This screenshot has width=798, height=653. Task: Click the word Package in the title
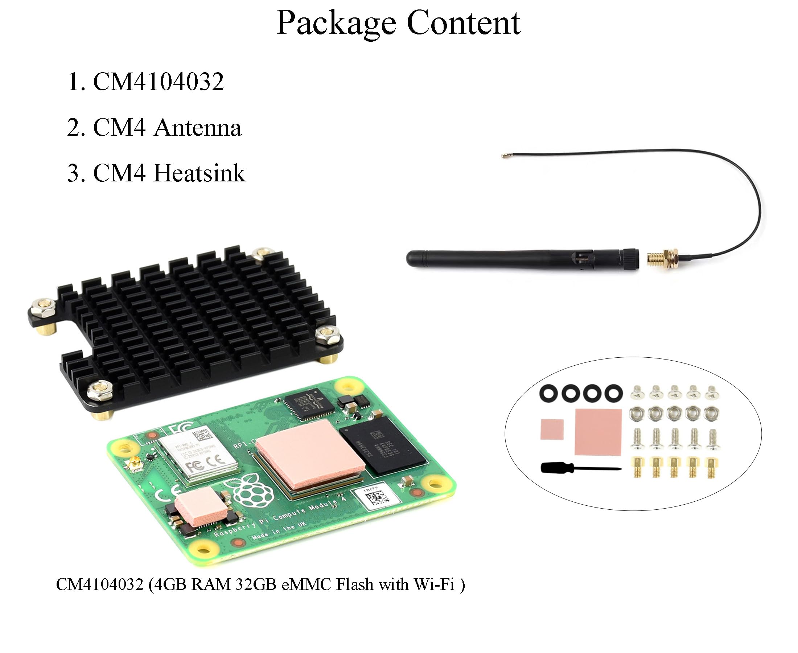tap(336, 23)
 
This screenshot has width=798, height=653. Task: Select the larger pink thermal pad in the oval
tap(598, 432)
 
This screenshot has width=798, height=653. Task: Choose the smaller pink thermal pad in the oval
tap(552, 429)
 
